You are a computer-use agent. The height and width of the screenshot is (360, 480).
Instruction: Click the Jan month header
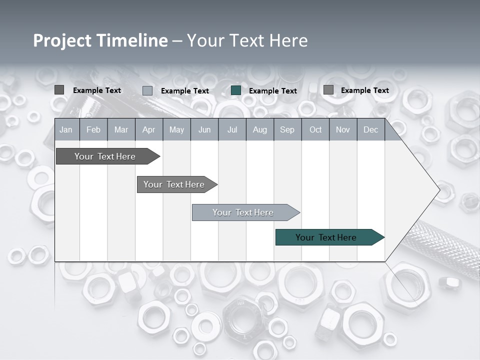click(x=66, y=130)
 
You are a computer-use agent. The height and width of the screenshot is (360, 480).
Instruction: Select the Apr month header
click(x=148, y=130)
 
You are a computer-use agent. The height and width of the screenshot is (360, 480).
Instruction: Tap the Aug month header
click(x=259, y=130)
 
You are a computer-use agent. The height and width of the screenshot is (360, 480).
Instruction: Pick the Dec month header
click(x=370, y=130)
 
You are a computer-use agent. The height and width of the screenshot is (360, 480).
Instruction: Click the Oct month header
click(x=315, y=130)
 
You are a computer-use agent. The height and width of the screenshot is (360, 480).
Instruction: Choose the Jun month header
click(x=204, y=130)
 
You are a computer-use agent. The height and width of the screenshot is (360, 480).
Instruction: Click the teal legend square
click(x=236, y=90)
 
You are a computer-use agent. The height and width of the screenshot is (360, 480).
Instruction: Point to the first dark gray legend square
click(x=59, y=90)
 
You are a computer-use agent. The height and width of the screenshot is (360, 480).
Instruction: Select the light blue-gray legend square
click(x=147, y=90)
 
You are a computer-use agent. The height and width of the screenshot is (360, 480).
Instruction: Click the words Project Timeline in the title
click(x=100, y=40)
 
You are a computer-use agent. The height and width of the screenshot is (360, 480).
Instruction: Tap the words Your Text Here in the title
click(x=247, y=40)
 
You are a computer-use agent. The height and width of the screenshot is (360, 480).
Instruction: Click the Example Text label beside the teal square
click(x=273, y=91)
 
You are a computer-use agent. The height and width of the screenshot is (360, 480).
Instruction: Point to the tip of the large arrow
click(x=438, y=190)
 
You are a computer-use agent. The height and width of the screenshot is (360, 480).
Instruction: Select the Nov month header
click(x=343, y=130)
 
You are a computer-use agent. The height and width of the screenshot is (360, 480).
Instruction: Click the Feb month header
click(x=93, y=130)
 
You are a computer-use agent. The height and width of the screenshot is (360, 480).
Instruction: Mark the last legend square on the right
click(x=328, y=90)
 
